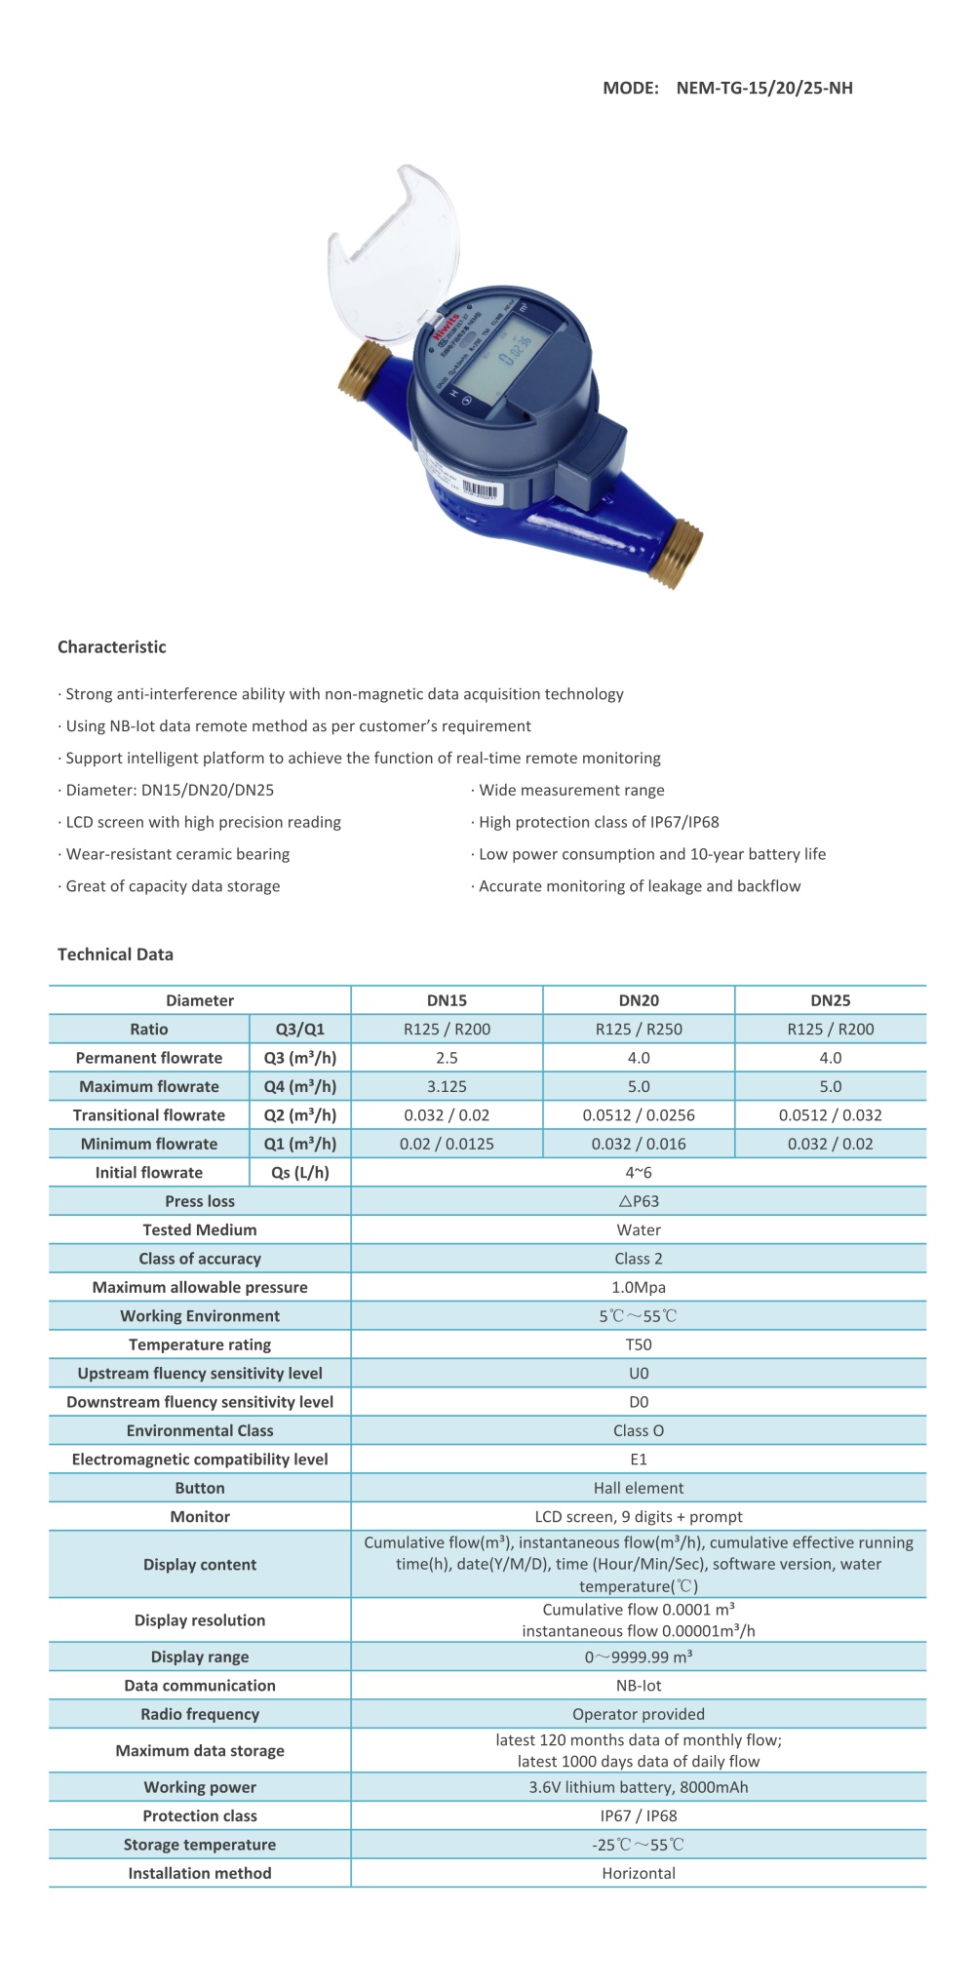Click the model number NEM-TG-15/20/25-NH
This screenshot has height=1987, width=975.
point(764,88)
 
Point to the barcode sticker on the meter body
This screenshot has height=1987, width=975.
point(480,489)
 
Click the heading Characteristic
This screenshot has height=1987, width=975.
point(112,647)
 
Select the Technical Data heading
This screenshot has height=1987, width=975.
point(115,955)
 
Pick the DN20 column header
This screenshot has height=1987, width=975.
point(639,1000)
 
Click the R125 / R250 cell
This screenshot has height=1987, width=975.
point(639,1029)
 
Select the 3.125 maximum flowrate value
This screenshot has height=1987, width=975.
point(447,1086)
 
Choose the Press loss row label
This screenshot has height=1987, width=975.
point(200,1201)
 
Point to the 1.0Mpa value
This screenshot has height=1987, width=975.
point(639,1287)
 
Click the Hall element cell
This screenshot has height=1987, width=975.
point(639,1488)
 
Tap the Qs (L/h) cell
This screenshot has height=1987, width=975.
point(299,1173)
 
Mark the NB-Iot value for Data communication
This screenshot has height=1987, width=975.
point(639,1686)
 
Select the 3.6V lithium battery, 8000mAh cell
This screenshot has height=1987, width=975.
point(639,1787)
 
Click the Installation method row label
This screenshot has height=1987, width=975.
point(200,1873)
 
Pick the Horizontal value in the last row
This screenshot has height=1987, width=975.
point(639,1873)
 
